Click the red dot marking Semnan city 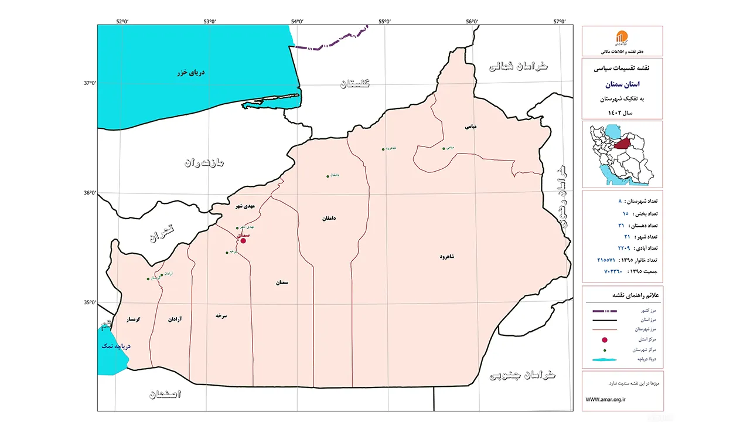tap(243, 240)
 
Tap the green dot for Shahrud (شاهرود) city tap(383, 149)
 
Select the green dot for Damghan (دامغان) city tap(328, 176)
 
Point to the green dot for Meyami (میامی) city tap(444, 148)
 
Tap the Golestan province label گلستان tap(355, 83)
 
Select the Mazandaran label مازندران tap(209, 162)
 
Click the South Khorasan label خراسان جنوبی tap(523, 375)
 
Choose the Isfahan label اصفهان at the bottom tap(165, 394)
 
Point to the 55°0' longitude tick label tap(384, 22)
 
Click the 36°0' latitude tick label tap(90, 193)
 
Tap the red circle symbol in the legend tap(605, 340)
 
